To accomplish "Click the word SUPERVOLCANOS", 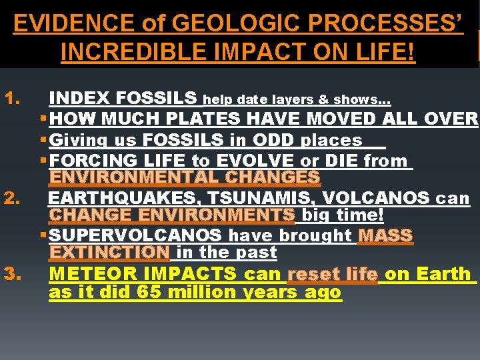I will (x=136, y=235).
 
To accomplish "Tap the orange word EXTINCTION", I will (x=109, y=253).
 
